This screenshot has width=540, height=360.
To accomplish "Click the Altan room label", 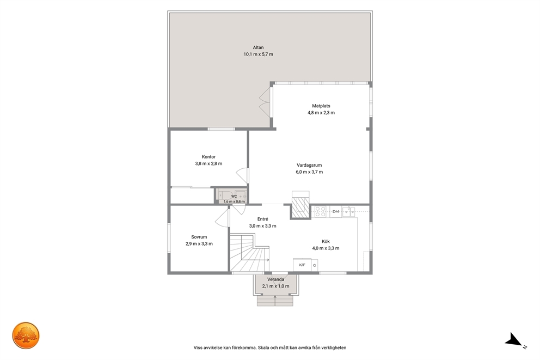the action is point(258,47).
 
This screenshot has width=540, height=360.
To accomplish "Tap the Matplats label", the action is point(321,106).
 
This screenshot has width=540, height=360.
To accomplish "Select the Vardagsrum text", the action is point(309,165).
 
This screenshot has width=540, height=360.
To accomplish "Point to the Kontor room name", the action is point(208,157).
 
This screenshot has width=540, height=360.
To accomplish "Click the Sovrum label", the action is point(199,237).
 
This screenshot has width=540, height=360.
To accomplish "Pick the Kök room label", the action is point(326,241).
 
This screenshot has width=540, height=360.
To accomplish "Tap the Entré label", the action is point(263,219).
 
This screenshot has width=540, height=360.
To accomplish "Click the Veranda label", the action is point(276,279).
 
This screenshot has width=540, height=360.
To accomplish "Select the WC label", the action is point(234,197).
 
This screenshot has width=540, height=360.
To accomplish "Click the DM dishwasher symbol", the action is point(336,211).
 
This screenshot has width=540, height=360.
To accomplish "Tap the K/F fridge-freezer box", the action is point(302,265).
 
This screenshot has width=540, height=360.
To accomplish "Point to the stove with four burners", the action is point(320,211).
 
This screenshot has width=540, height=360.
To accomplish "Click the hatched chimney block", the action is point(300,208).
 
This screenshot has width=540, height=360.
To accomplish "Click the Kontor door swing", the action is point(242,176).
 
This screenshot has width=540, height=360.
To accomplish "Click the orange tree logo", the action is point(26,335).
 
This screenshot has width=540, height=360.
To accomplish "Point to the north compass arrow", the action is point(514,340).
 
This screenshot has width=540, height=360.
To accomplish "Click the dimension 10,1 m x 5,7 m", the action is point(258,54).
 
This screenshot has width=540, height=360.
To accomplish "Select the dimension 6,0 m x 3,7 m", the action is point(309,172).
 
